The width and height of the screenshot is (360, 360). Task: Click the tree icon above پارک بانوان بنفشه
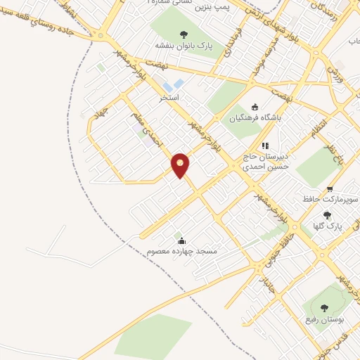pos(184,34)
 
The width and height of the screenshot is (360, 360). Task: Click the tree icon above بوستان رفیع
pos(324,307)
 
